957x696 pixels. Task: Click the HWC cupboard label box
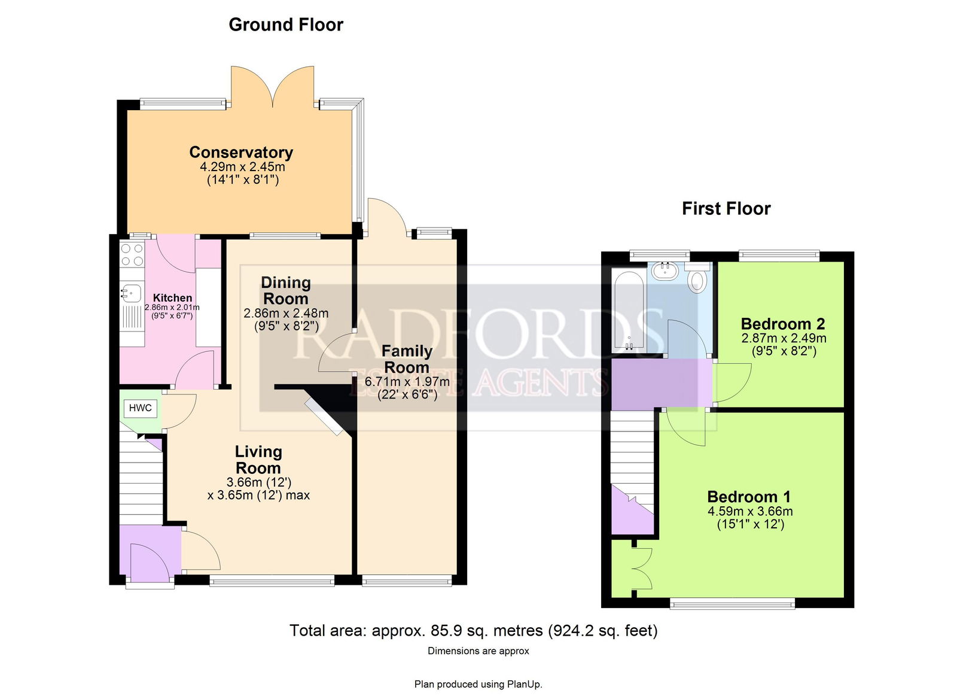click(x=140, y=408)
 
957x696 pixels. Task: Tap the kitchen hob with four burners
click(x=132, y=255)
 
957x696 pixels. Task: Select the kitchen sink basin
click(x=131, y=292)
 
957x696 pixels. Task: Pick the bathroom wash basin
click(x=665, y=270)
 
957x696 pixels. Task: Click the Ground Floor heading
click(x=286, y=25)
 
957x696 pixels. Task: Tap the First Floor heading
click(x=726, y=209)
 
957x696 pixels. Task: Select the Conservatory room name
click(x=242, y=152)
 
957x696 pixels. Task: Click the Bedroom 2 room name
click(x=783, y=324)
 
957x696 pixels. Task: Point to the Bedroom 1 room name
click(x=749, y=497)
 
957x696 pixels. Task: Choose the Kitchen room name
click(x=173, y=297)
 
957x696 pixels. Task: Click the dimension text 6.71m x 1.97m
click(x=407, y=381)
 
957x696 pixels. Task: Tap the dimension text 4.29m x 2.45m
click(x=243, y=166)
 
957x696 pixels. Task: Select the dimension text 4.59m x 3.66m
click(x=750, y=511)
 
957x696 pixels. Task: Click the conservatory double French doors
click(x=273, y=86)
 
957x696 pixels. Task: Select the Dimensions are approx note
click(x=478, y=651)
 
